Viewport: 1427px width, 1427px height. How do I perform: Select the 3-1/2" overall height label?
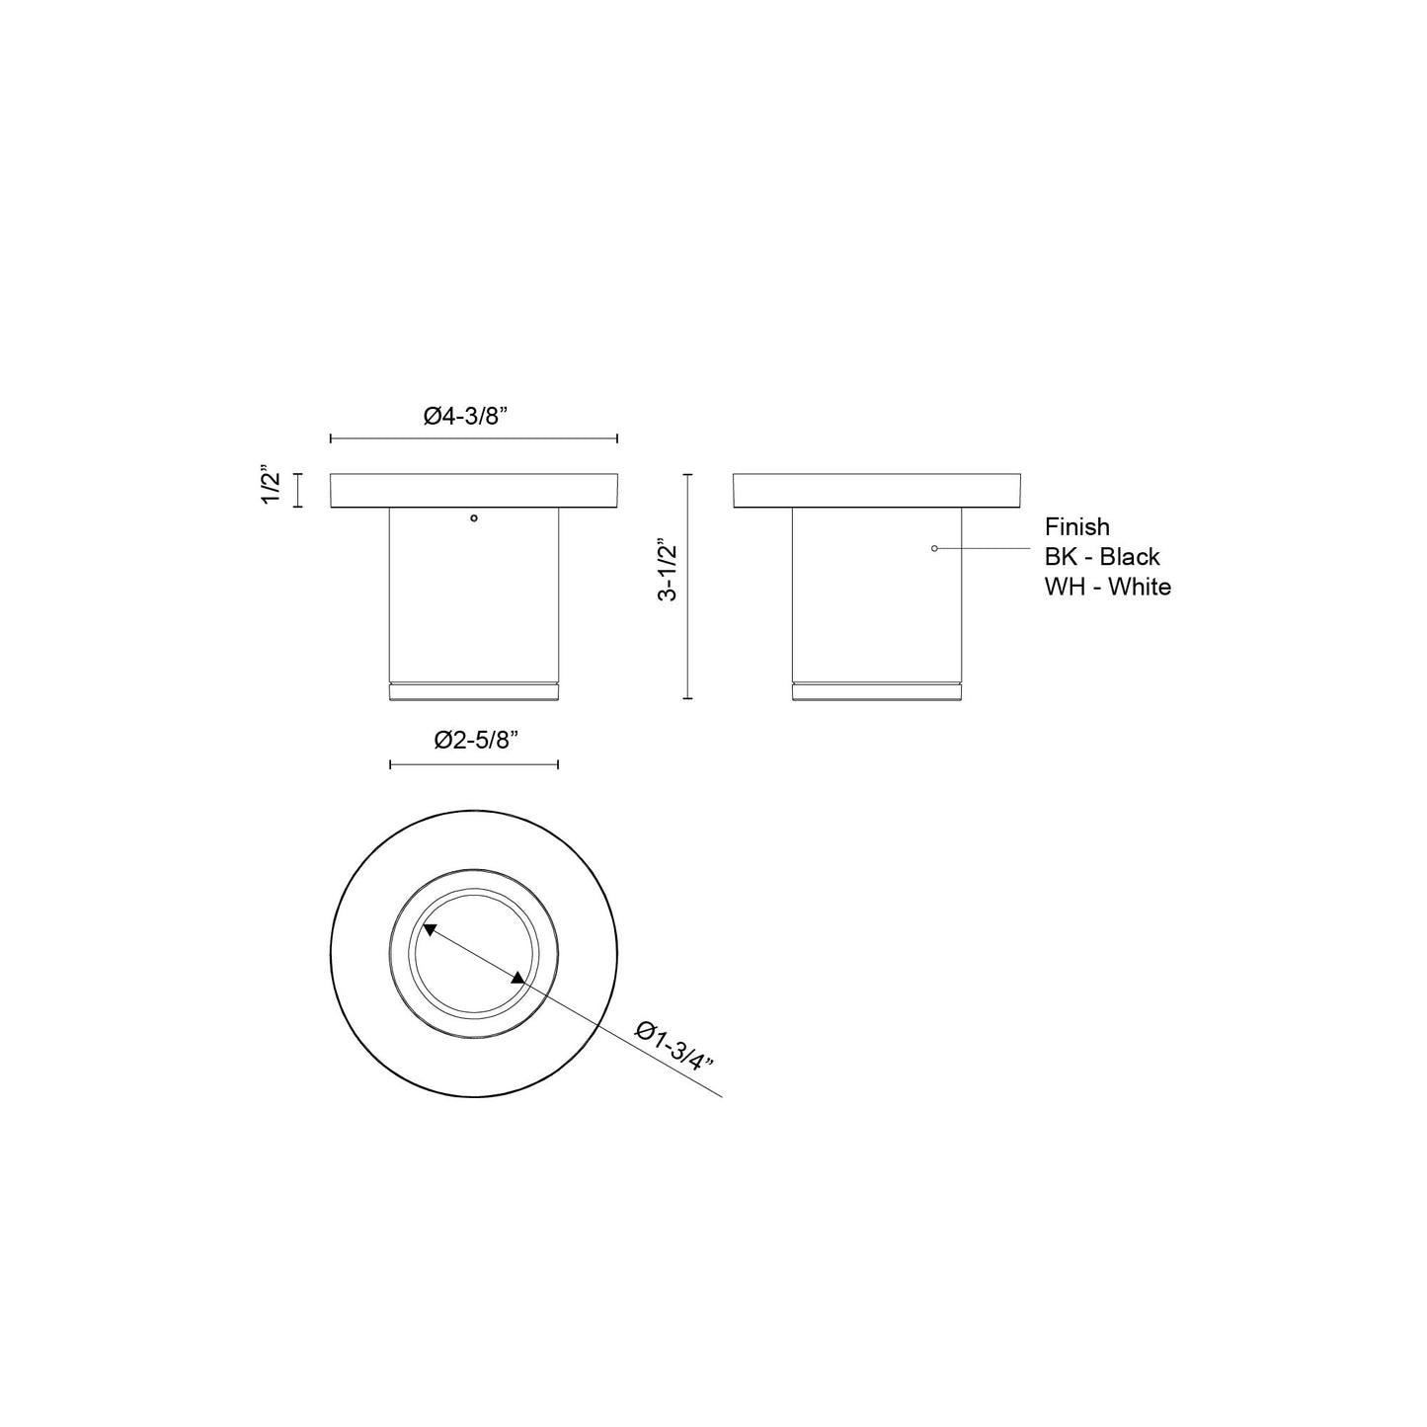tap(669, 571)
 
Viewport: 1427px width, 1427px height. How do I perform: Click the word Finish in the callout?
tap(1077, 527)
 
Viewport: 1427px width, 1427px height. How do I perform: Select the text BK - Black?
tap(1102, 557)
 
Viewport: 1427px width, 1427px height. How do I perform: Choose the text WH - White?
tap(1108, 587)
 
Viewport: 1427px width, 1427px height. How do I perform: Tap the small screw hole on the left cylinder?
tap(474, 516)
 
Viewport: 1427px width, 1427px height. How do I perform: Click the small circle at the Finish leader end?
tap(934, 548)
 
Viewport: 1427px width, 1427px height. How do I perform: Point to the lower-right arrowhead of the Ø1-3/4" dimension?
tap(518, 978)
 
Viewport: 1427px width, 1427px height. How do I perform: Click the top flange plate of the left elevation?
tap(474, 491)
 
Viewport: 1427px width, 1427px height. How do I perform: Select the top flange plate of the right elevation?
tap(877, 491)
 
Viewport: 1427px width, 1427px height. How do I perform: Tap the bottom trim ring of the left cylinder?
tap(474, 691)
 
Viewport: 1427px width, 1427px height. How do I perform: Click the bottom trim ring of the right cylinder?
tap(877, 691)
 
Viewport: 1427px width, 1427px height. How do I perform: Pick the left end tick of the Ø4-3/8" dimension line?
tap(331, 438)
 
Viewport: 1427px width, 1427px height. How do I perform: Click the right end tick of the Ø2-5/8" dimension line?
tap(559, 764)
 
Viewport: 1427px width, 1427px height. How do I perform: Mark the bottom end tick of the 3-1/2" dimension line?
tap(688, 698)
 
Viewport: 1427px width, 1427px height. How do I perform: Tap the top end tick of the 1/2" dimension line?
tap(299, 475)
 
